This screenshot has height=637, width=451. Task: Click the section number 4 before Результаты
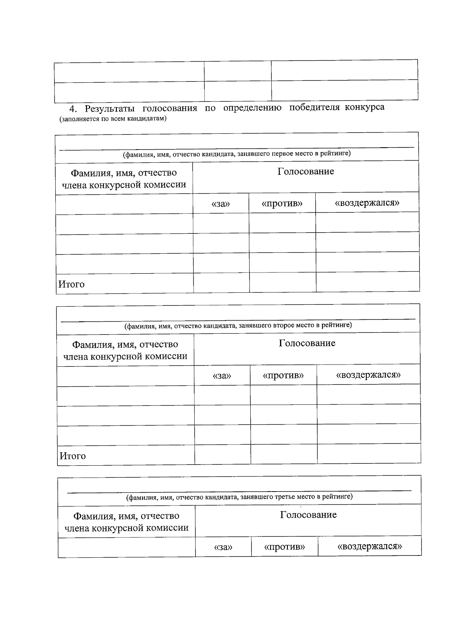pyautogui.click(x=73, y=109)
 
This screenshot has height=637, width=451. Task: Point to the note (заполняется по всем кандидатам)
pyautogui.click(x=113, y=119)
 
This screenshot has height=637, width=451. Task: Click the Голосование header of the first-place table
pyautogui.click(x=306, y=172)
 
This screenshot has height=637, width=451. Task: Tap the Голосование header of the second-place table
pyautogui.click(x=307, y=343)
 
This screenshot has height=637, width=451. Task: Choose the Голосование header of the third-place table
pyautogui.click(x=308, y=515)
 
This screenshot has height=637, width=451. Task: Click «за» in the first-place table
pyautogui.click(x=221, y=204)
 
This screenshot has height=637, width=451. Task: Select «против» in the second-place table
pyautogui.click(x=283, y=375)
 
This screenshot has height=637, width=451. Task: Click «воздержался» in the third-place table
pyautogui.click(x=370, y=546)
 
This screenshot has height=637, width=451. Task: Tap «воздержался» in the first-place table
pyautogui.click(x=367, y=203)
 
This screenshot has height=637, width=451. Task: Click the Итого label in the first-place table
pyautogui.click(x=71, y=284)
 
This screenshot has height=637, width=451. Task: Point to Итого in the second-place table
pyautogui.click(x=73, y=456)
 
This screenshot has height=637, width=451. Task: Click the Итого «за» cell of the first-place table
pyautogui.click(x=221, y=283)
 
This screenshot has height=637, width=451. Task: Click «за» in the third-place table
pyautogui.click(x=223, y=547)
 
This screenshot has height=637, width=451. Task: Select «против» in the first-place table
pyautogui.click(x=282, y=204)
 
